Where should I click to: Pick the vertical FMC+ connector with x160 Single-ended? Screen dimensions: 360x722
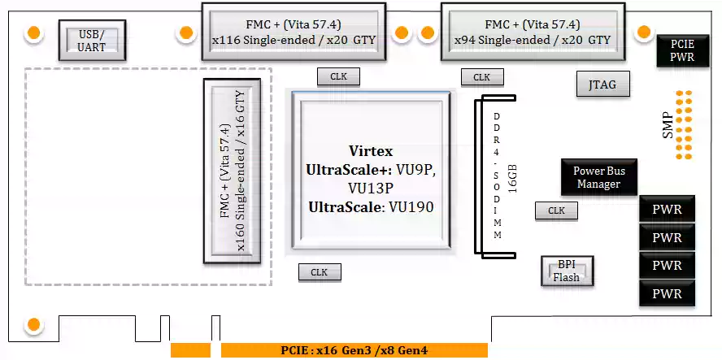point(231,171)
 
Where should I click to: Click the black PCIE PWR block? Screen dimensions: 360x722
point(681,51)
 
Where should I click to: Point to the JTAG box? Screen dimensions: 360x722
point(602,83)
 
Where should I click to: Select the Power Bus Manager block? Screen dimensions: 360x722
point(598,177)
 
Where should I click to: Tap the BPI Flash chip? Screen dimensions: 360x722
point(567,271)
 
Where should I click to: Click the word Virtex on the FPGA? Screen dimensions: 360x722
point(370,151)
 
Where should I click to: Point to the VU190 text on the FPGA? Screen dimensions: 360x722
point(410,207)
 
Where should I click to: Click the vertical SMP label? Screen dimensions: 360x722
point(668,124)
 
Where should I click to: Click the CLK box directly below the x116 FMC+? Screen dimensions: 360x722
point(338,76)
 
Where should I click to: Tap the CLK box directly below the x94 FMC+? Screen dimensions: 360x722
point(481,77)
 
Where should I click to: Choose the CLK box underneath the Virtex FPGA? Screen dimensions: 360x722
point(319,272)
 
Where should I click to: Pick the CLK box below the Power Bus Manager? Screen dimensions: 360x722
point(556,210)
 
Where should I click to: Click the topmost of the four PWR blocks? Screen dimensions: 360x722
point(668,210)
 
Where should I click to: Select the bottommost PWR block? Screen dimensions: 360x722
point(668,293)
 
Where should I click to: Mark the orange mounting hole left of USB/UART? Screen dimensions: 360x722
point(34,33)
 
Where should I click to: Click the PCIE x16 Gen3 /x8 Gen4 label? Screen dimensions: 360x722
point(353,350)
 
